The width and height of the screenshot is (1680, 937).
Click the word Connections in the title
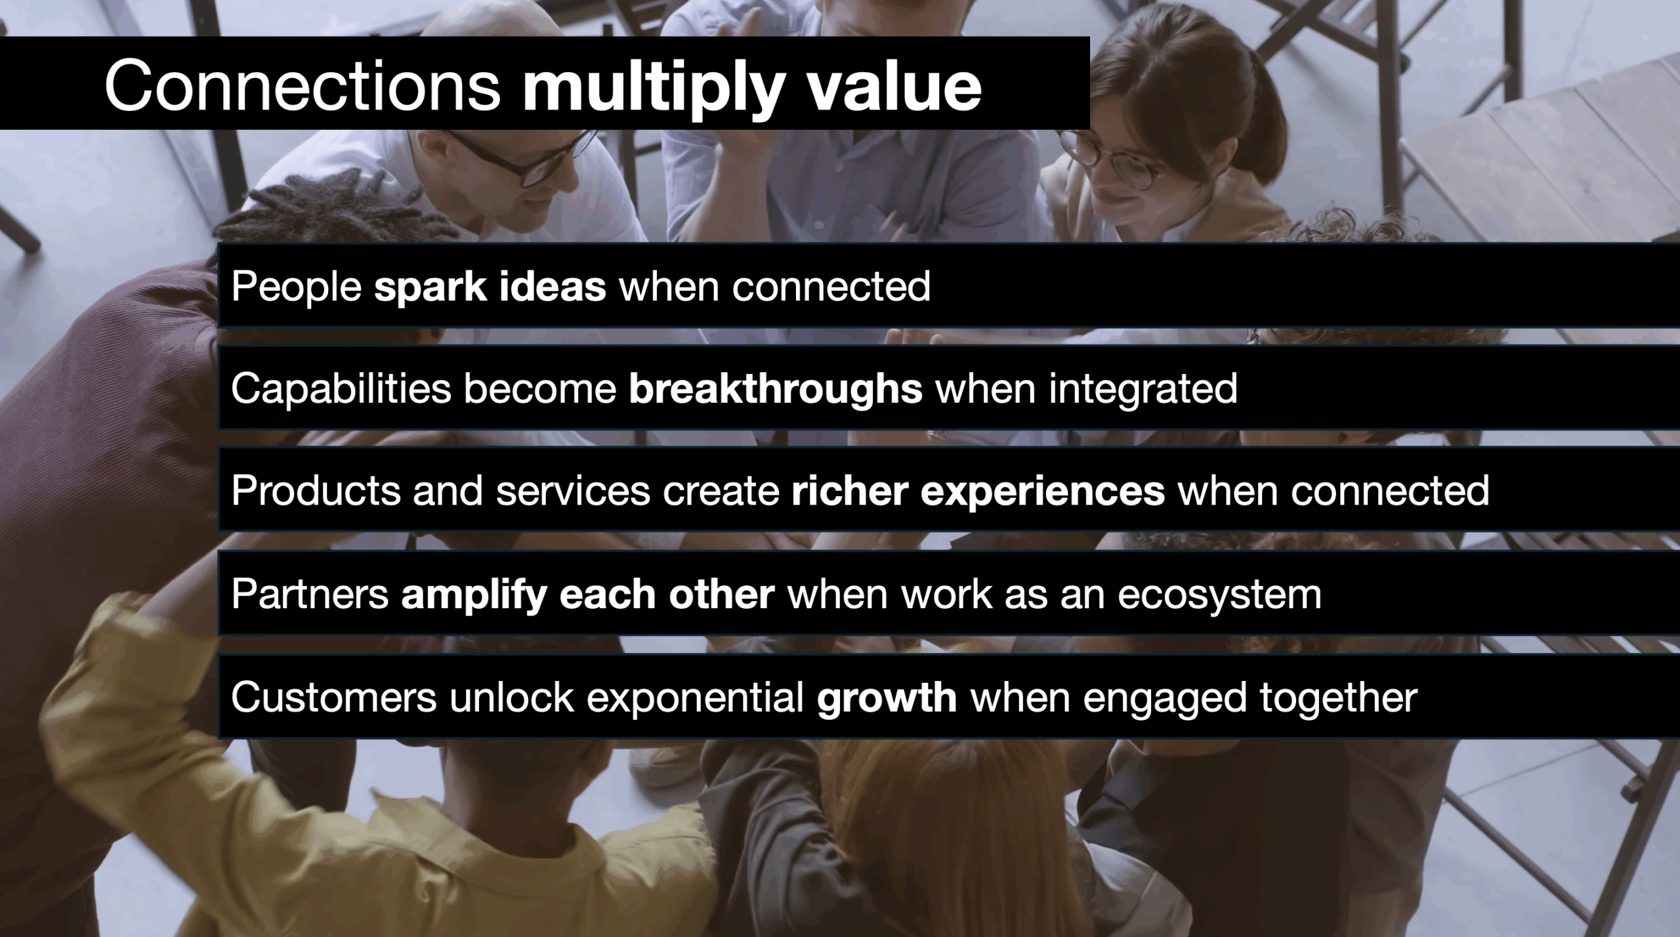303,86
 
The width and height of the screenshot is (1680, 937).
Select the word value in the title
894,86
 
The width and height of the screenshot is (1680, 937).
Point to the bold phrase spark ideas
490,287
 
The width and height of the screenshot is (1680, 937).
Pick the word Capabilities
341,389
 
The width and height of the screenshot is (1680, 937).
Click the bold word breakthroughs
776,389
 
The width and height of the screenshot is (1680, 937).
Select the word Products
316,490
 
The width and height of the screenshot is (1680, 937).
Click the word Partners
310,594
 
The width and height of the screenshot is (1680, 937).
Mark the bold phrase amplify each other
588,595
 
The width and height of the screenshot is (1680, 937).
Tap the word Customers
334,696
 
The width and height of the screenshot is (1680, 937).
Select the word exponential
695,698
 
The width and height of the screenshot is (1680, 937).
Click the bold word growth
887,698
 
